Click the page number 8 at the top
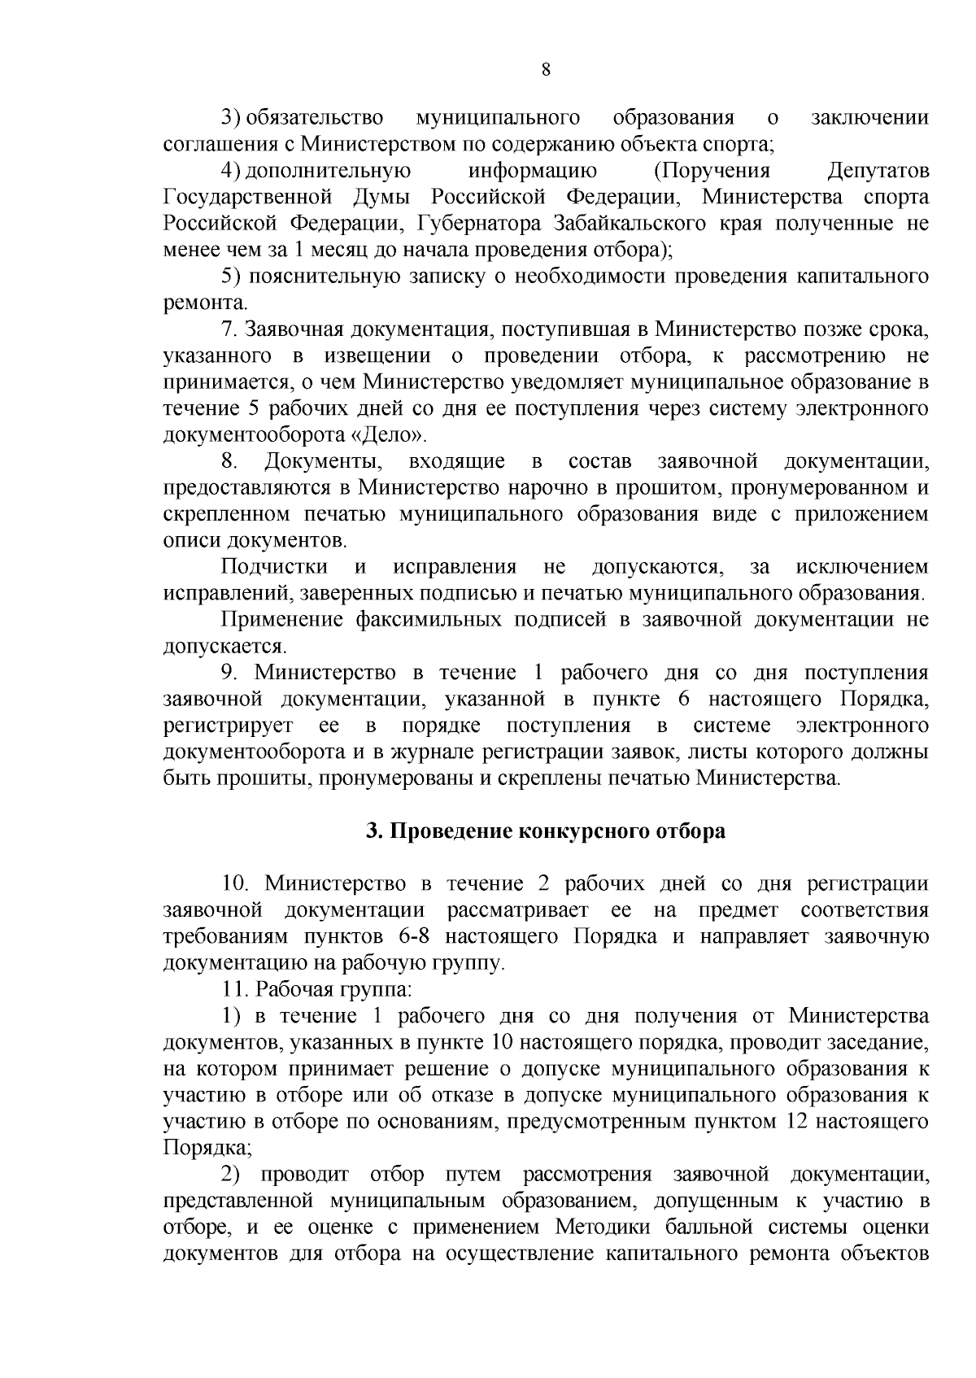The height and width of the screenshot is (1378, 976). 546,70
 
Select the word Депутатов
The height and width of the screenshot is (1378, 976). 877,171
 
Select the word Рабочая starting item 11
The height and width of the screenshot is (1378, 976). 293,989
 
